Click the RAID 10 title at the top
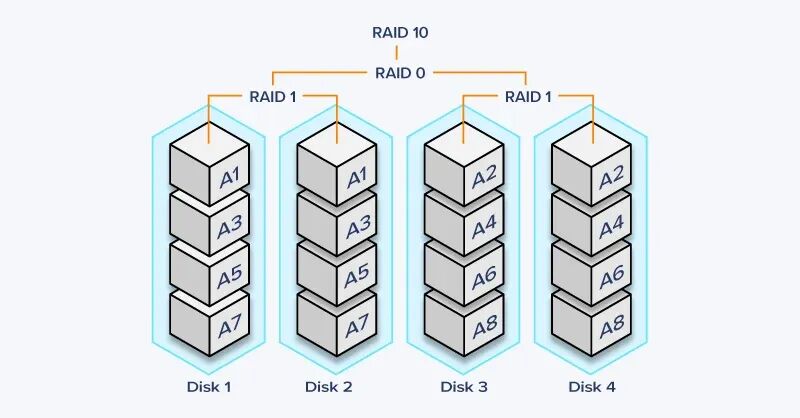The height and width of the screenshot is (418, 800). pyautogui.click(x=399, y=32)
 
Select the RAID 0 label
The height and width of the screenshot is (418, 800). pyautogui.click(x=399, y=72)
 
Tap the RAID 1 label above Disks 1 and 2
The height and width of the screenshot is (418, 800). pyautogui.click(x=273, y=97)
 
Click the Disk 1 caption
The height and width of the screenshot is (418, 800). pyautogui.click(x=208, y=386)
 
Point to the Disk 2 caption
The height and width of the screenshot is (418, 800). pyautogui.click(x=336, y=386)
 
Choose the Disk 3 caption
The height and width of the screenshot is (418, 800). pyautogui.click(x=464, y=386)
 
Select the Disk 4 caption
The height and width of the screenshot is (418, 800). pyautogui.click(x=592, y=386)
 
